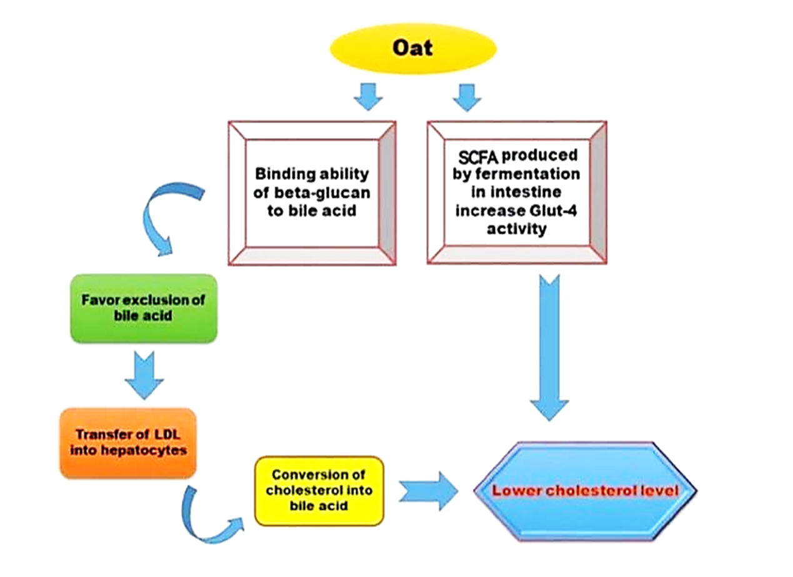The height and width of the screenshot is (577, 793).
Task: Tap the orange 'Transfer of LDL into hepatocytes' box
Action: tap(128, 443)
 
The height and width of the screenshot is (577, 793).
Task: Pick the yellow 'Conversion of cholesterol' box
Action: tap(319, 490)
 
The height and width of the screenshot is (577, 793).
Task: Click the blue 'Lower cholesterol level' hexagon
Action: tap(585, 489)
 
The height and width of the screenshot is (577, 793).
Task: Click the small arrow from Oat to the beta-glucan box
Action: tap(368, 96)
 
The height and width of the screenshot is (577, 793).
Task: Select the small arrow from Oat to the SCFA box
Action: tap(466, 96)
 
